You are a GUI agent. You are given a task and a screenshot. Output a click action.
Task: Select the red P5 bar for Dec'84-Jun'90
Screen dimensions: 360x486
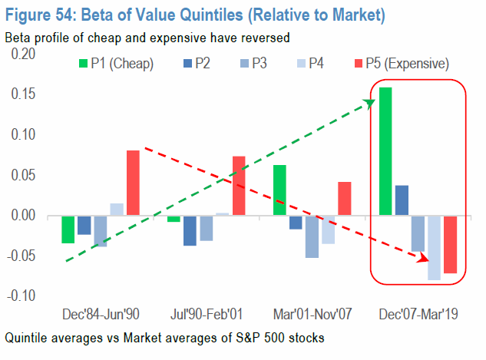133,183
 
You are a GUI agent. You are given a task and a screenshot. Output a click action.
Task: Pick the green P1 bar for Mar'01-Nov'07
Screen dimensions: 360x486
279,190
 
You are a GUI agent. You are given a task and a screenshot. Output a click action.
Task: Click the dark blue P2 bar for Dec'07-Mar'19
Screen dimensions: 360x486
402,200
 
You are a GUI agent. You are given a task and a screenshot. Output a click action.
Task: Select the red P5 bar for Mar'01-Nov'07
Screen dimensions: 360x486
345,199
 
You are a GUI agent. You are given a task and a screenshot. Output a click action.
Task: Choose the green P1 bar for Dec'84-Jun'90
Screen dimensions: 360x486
68,230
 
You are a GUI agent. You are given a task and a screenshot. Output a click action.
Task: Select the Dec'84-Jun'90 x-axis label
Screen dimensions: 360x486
100,315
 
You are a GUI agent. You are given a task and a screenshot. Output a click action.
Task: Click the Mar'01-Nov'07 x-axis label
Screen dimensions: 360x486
312,315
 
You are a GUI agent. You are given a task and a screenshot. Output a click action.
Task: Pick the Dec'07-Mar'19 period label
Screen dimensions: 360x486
418,315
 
